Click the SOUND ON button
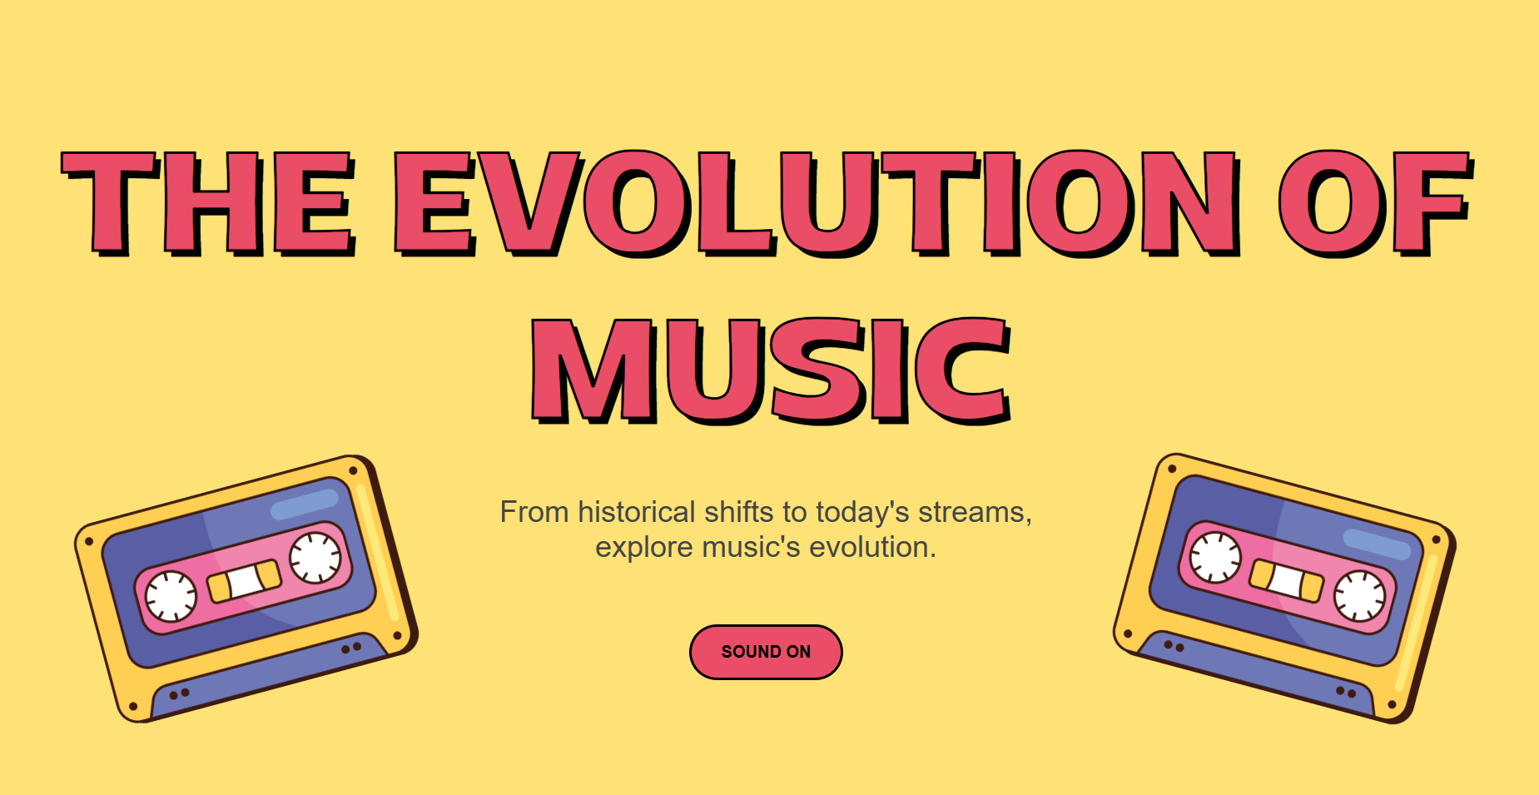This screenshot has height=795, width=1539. (x=766, y=652)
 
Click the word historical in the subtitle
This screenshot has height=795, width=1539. (x=637, y=512)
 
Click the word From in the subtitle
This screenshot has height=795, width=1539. (x=534, y=512)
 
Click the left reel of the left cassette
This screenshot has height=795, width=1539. (x=171, y=597)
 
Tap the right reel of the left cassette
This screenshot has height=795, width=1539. (x=315, y=558)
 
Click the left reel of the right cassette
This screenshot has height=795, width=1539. (x=1215, y=557)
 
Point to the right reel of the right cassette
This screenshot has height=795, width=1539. (x=1359, y=596)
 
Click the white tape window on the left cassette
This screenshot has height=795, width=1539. (x=245, y=581)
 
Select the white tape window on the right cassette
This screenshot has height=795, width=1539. (x=1286, y=580)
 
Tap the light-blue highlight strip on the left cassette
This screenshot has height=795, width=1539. (x=305, y=503)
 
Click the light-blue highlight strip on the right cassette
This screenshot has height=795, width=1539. (x=1378, y=543)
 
